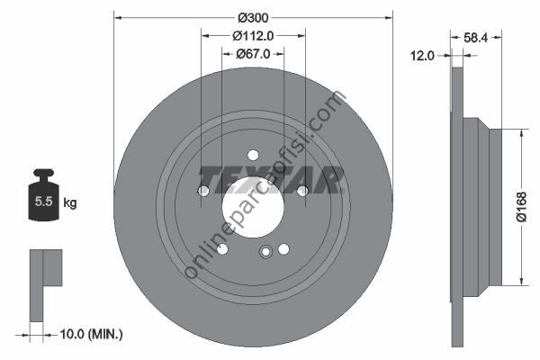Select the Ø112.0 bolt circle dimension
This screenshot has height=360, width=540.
[x=252, y=36]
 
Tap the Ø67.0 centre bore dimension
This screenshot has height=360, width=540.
[x=252, y=56]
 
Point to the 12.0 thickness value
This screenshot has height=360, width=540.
[x=423, y=56]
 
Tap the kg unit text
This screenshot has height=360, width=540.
[x=70, y=203]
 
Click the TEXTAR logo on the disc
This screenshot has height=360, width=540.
[x=271, y=179]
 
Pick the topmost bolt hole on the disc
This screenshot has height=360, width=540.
[x=253, y=155]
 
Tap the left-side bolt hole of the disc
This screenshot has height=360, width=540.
[x=203, y=191]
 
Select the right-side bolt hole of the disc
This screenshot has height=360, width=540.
[x=302, y=191]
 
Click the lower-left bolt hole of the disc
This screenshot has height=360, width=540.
[x=222, y=249]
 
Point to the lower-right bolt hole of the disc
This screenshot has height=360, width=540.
[x=283, y=249]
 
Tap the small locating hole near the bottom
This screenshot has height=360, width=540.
[x=265, y=253]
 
